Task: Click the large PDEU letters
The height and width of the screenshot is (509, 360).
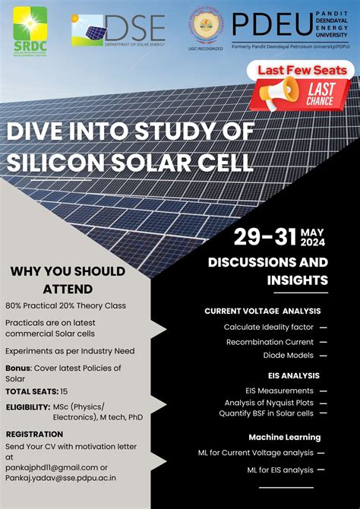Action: (x=258, y=25)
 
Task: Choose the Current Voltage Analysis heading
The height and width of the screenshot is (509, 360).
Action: (x=262, y=311)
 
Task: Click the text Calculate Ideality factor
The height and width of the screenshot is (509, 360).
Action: (x=268, y=327)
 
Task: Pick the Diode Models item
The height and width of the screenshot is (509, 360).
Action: (x=289, y=355)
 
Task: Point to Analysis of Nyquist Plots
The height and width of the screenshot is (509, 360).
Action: (x=270, y=403)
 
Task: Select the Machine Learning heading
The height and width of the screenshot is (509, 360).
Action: (x=285, y=437)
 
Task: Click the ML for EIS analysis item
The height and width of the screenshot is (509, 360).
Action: (x=279, y=469)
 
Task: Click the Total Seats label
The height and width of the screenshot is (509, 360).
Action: (x=31, y=391)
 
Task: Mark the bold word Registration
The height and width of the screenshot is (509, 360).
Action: (x=34, y=434)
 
